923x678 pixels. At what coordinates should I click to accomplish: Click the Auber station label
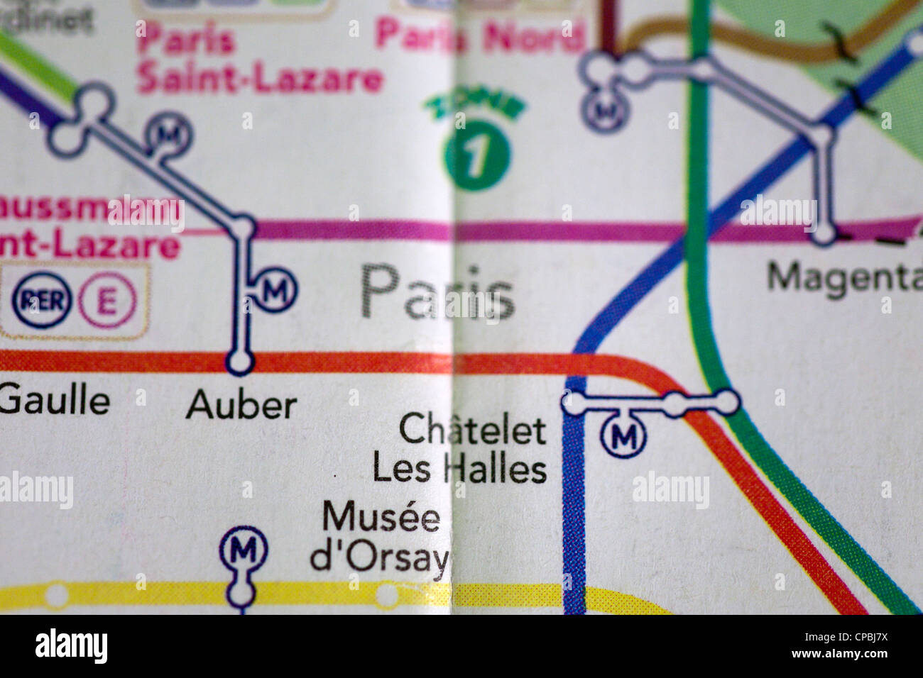point(241,406)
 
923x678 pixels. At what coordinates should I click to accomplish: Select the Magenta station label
point(843,277)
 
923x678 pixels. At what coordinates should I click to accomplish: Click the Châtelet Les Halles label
point(460,450)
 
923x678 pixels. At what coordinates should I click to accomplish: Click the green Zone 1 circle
point(476,155)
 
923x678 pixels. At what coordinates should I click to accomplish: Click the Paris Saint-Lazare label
point(259,61)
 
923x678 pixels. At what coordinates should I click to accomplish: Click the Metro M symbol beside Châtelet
point(623,435)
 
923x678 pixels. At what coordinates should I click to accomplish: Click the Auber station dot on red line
point(239,363)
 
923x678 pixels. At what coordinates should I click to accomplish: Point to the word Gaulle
point(55,401)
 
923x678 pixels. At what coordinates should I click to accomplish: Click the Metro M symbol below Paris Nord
point(606,110)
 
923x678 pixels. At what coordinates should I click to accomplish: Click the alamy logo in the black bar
point(71,647)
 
